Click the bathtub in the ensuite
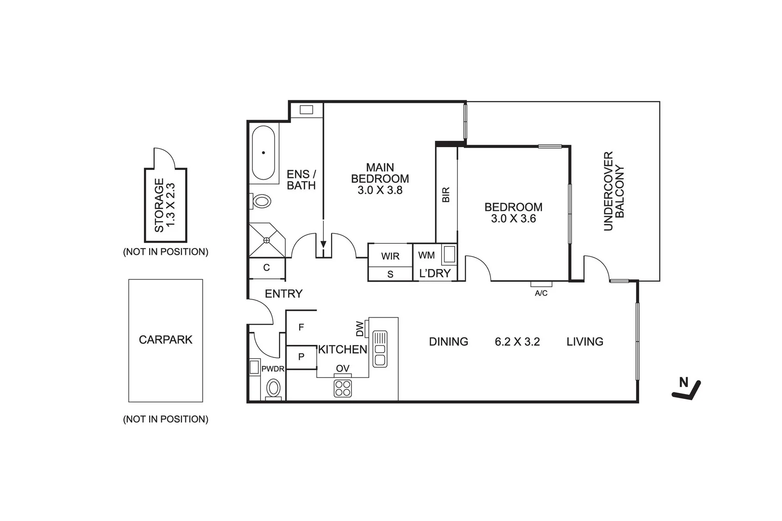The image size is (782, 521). pyautogui.click(x=264, y=153)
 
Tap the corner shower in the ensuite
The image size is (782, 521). pyautogui.click(x=266, y=240)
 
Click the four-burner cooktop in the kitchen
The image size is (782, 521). pyautogui.click(x=343, y=388)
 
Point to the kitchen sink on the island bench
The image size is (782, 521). pyautogui.click(x=380, y=348)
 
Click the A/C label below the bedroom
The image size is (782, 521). pyautogui.click(x=541, y=293)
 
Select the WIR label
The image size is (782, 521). pyautogui.click(x=390, y=256)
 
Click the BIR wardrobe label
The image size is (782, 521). pyautogui.click(x=446, y=194)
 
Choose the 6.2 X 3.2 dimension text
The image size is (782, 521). pyautogui.click(x=517, y=342)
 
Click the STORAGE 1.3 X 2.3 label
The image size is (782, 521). pyautogui.click(x=165, y=205)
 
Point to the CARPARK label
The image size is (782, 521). pyautogui.click(x=166, y=340)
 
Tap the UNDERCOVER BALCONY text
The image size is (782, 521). pyautogui.click(x=614, y=191)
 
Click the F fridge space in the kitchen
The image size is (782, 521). pyautogui.click(x=301, y=328)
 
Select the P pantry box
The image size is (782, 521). pyautogui.click(x=301, y=357)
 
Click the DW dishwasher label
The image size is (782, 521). pyautogui.click(x=360, y=329)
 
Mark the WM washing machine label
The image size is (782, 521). pyautogui.click(x=426, y=255)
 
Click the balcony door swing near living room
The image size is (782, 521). pyautogui.click(x=596, y=268)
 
